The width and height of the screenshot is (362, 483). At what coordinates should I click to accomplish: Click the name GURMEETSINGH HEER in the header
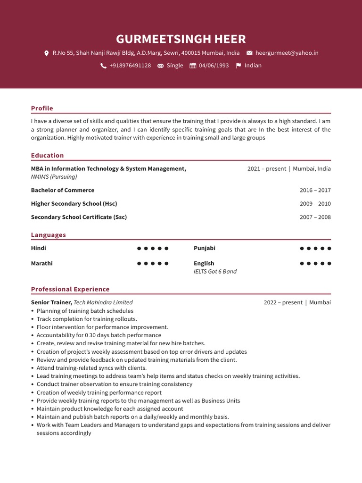[181, 39]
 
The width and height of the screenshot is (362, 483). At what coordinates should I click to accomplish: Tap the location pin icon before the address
[46, 53]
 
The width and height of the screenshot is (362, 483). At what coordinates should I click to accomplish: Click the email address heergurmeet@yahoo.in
[287, 53]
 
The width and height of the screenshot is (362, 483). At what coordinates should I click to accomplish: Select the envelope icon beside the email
[249, 53]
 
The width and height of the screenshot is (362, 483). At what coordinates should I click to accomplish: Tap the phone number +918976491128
[130, 66]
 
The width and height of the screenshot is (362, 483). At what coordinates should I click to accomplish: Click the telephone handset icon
[103, 66]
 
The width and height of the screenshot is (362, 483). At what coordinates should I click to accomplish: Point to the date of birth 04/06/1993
[214, 66]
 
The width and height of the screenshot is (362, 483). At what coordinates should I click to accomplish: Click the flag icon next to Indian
[239, 66]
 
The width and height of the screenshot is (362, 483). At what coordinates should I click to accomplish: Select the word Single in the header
[175, 66]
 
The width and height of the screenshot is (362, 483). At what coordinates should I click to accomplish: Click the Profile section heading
[42, 108]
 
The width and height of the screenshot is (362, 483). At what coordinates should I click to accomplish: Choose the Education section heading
[47, 155]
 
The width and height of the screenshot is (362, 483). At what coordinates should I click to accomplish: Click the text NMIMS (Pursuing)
[54, 177]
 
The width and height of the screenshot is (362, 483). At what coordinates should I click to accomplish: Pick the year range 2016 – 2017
[315, 190]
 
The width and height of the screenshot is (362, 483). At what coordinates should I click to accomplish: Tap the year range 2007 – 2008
[315, 217]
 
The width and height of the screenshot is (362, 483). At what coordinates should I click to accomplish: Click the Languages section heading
[48, 235]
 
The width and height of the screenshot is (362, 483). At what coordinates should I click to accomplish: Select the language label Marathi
[41, 263]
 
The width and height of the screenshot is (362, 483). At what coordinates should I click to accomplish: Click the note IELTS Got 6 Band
[215, 272]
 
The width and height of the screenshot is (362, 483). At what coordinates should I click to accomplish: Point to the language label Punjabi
[204, 248]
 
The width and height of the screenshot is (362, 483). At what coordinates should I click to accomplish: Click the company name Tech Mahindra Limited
[103, 302]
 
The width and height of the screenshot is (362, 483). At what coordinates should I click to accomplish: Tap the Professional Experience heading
[70, 289]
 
